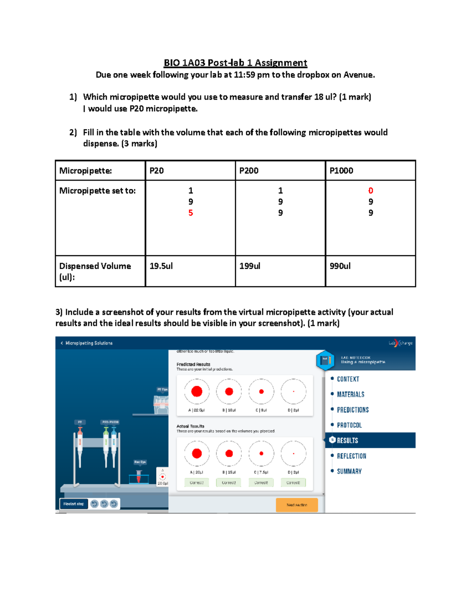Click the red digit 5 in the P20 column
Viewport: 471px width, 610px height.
click(190, 213)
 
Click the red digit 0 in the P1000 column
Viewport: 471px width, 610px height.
click(371, 191)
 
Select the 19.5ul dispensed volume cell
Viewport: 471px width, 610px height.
click(161, 266)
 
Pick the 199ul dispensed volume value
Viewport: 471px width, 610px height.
click(250, 266)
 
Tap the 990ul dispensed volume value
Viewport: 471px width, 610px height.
click(340, 266)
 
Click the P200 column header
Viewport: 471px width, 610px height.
click(249, 171)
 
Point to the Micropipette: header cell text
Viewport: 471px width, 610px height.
click(86, 171)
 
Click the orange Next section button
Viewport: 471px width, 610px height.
click(297, 505)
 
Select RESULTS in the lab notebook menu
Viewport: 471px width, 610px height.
click(347, 440)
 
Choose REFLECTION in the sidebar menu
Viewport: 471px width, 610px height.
click(351, 456)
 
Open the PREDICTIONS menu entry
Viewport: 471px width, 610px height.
click(352, 410)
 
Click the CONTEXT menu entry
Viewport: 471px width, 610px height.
click(348, 379)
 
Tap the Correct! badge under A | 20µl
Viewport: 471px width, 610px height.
click(197, 482)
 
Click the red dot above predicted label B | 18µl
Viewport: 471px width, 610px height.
click(229, 391)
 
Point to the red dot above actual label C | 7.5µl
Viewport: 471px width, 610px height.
click(261, 453)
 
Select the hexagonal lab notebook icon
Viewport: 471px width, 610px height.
click(325, 360)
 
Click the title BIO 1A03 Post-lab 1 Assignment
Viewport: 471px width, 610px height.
click(235, 63)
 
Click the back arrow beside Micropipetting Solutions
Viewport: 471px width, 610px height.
click(62, 343)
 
